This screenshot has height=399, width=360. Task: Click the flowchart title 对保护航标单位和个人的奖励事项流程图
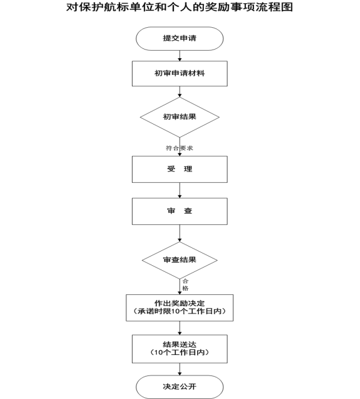[x=180, y=7]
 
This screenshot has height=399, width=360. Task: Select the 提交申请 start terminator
[x=180, y=38]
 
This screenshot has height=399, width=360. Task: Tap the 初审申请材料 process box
[x=180, y=74]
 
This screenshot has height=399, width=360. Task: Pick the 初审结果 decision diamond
[x=180, y=117]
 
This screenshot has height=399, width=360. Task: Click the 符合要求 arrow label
[x=180, y=148]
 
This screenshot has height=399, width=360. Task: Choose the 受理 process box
[x=180, y=169]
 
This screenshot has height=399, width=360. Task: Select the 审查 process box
[x=180, y=211]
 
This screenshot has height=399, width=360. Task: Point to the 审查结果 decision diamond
[x=180, y=260]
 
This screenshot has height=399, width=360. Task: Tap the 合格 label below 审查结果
[x=185, y=285]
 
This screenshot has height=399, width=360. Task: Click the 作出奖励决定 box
[x=180, y=308]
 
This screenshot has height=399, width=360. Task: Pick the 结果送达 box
[x=180, y=349]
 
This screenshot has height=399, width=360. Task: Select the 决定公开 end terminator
[x=180, y=387]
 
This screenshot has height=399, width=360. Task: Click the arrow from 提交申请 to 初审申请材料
[x=180, y=56]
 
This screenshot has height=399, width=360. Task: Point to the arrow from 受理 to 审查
[x=180, y=190]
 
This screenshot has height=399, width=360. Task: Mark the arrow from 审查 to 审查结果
[x=180, y=233]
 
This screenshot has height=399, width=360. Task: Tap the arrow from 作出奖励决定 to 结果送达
[x=180, y=328]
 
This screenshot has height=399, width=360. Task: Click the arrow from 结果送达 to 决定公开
[x=180, y=369]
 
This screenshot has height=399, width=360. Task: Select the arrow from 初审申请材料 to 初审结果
[x=180, y=92]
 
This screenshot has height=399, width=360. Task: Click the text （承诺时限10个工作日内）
[x=180, y=312]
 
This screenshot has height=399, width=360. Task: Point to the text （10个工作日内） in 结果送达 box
[x=180, y=353]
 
